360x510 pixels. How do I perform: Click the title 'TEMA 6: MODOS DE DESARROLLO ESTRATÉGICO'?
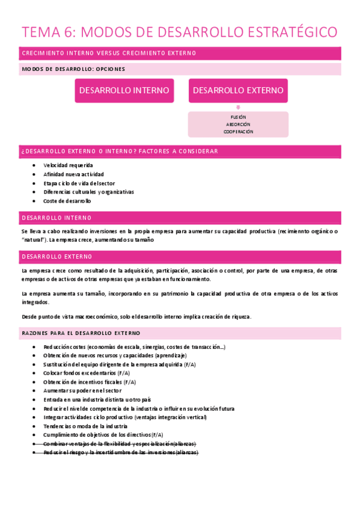(x=180, y=31)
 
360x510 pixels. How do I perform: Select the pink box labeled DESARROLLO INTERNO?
(x=124, y=91)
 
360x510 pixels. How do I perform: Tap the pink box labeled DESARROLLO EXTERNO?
(x=238, y=91)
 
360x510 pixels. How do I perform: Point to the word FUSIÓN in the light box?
(x=238, y=117)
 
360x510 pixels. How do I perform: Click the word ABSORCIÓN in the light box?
(x=238, y=124)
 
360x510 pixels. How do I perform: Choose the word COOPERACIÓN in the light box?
(x=238, y=132)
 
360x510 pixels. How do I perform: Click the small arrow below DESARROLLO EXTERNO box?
(x=238, y=107)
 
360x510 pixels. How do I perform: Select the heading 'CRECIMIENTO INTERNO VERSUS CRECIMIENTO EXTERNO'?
(x=109, y=54)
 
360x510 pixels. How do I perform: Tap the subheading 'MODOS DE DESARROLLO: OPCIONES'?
(x=73, y=69)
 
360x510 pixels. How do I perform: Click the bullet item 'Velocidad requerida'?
(x=68, y=165)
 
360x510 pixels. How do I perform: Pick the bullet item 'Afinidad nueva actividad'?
(x=73, y=174)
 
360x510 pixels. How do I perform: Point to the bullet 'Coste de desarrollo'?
(x=67, y=201)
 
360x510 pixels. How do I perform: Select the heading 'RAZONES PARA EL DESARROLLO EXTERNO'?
(x=81, y=333)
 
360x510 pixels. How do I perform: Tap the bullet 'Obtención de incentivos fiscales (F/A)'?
(x=90, y=382)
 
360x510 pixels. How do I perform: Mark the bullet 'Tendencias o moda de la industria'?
(x=85, y=426)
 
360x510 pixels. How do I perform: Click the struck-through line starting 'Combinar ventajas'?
(x=120, y=443)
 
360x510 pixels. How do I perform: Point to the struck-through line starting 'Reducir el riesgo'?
(x=120, y=452)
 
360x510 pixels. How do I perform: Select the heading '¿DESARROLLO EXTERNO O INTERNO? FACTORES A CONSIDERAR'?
(x=120, y=152)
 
